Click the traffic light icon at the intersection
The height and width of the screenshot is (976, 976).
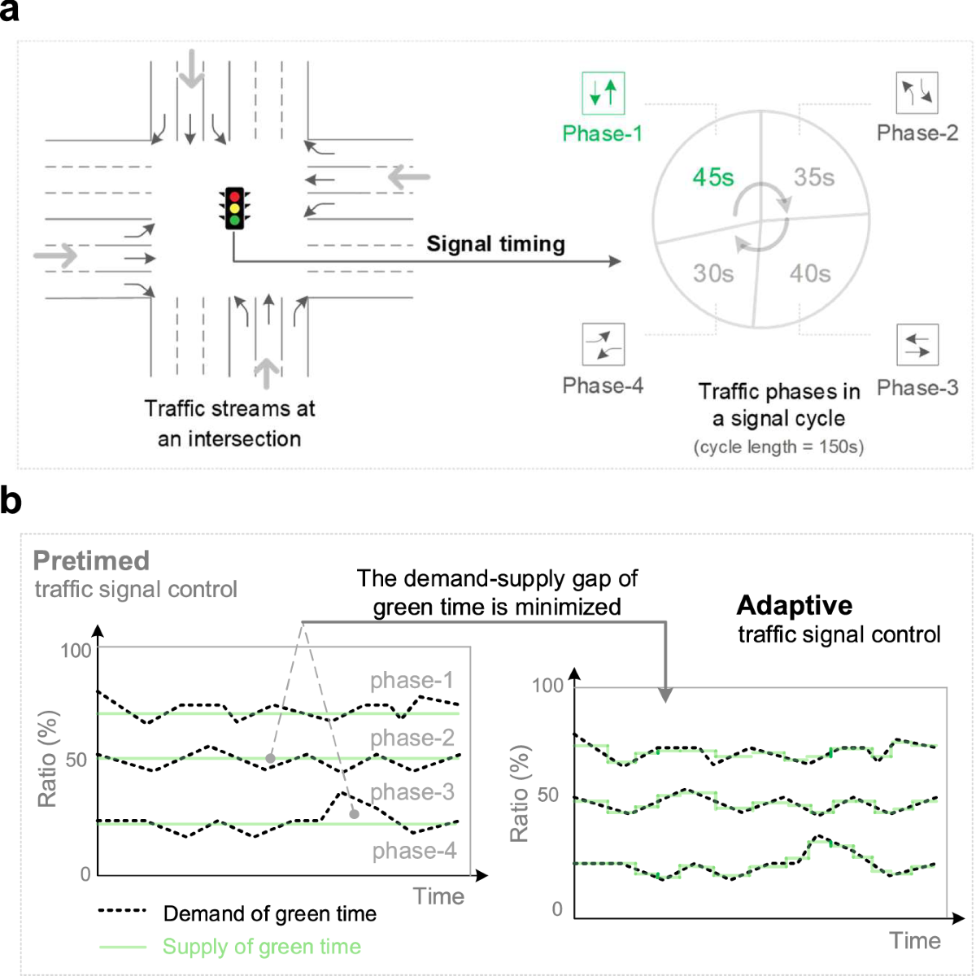tap(235, 208)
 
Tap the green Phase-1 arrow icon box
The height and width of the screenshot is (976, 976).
tap(603, 93)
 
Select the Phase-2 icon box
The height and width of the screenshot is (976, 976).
tap(917, 93)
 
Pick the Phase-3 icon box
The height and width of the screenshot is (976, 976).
tap(917, 345)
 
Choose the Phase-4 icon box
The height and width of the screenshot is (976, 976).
tap(603, 344)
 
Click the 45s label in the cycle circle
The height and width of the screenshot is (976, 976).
tap(712, 177)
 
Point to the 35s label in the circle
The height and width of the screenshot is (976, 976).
tap(814, 177)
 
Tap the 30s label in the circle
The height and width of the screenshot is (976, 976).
tap(713, 273)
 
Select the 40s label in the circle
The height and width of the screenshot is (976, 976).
tap(810, 273)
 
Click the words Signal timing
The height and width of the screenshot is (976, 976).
tap(495, 244)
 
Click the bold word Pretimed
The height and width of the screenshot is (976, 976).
tap(91, 560)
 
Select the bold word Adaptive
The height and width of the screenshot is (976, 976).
tap(794, 605)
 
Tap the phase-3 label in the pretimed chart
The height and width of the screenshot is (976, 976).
tap(412, 791)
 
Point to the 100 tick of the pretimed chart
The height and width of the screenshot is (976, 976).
tap(76, 651)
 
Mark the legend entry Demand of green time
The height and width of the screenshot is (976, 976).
tap(269, 913)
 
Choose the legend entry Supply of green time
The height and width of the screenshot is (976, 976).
tap(261, 947)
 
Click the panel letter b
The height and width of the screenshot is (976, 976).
tap(11, 500)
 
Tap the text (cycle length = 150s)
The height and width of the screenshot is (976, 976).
tap(778, 447)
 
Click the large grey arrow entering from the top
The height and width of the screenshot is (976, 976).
tap(191, 68)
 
